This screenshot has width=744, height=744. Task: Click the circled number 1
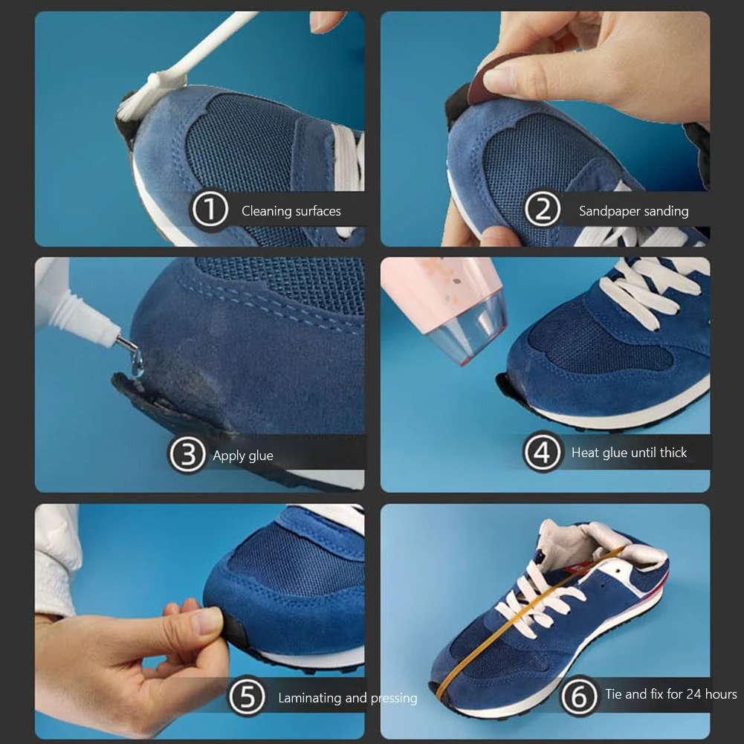pyautogui.click(x=210, y=210)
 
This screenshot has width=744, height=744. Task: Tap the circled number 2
pyautogui.click(x=542, y=210)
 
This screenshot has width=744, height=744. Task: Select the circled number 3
pyautogui.click(x=187, y=454)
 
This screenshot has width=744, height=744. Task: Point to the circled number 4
pyautogui.click(x=542, y=453)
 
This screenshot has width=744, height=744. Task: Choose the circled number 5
pyautogui.click(x=247, y=696)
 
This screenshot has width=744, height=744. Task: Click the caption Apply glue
pyautogui.click(x=243, y=456)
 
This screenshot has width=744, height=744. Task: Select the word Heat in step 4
pyautogui.click(x=584, y=453)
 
